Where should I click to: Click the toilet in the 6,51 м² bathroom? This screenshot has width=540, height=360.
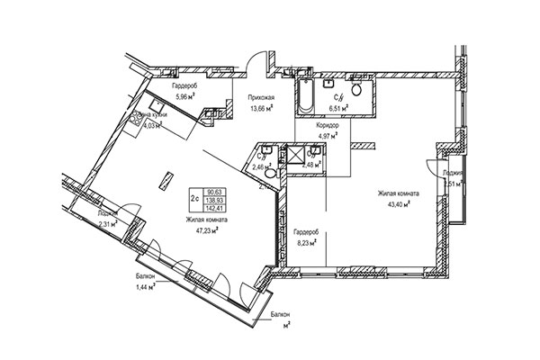tap(357, 91)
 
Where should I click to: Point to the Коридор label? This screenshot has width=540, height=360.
tap(327, 127)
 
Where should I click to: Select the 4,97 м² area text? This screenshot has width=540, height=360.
tap(327, 137)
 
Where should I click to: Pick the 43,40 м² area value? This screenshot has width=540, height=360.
tap(394, 204)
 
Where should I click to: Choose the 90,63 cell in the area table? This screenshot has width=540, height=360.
tap(215, 192)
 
